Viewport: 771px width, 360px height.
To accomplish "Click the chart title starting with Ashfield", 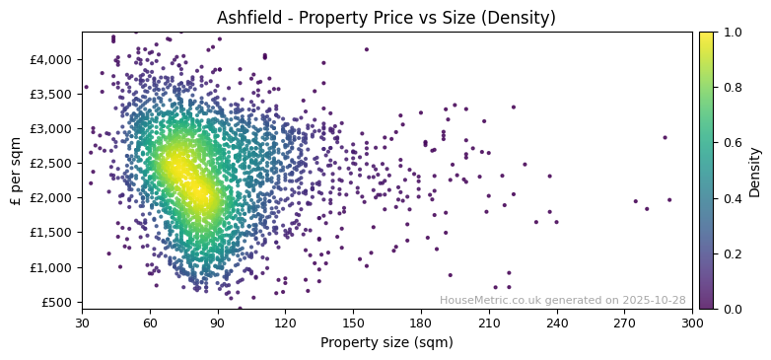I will pyautogui.click(x=385, y=18).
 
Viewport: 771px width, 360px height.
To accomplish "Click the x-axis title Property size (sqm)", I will pyautogui.click(x=386, y=343).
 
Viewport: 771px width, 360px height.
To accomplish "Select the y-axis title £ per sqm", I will pyautogui.click(x=16, y=171).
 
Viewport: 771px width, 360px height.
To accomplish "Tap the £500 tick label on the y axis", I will pyautogui.click(x=57, y=302).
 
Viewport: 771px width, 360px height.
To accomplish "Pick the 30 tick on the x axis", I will pyautogui.click(x=82, y=323).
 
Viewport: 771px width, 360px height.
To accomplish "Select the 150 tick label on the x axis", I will pyautogui.click(x=353, y=323).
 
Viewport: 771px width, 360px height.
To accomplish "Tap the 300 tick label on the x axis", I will pyautogui.click(x=692, y=323).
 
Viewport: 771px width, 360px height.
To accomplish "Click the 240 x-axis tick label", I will pyautogui.click(x=557, y=323).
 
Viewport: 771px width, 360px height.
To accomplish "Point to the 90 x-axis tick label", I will pyautogui.click(x=218, y=323).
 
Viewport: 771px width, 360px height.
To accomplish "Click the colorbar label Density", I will pyautogui.click(x=755, y=171).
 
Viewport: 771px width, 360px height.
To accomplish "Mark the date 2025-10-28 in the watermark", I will pyautogui.click(x=653, y=301).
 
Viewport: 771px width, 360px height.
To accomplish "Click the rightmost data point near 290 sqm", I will pyautogui.click(x=669, y=199).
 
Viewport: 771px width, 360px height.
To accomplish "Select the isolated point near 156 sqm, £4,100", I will pyautogui.click(x=367, y=49).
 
